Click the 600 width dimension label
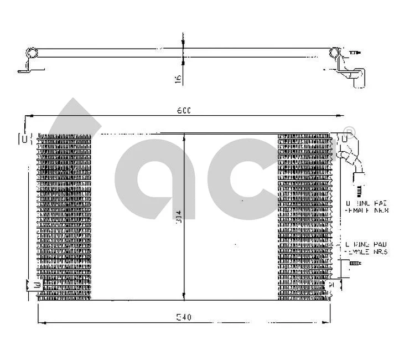point(184,111)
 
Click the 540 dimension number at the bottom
point(184,318)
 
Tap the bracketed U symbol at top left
point(25,138)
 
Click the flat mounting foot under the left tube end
point(24,70)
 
